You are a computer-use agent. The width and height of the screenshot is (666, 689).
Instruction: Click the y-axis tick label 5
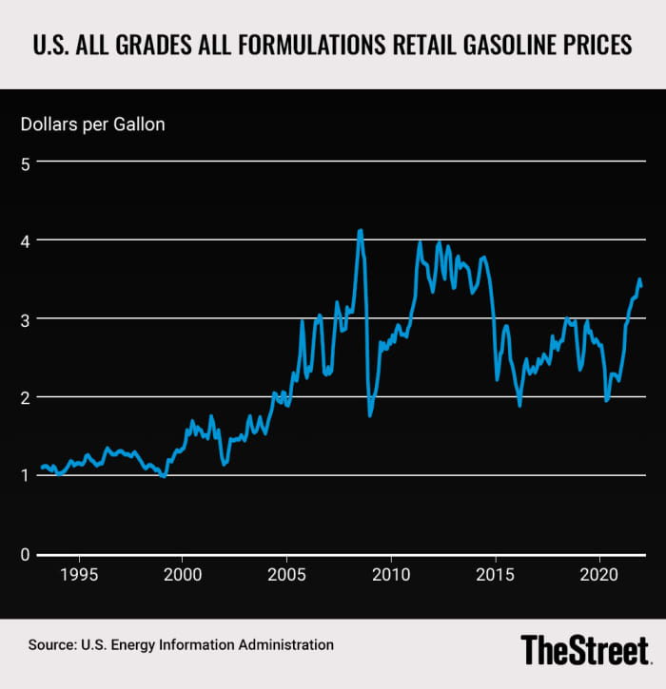pos(27,163)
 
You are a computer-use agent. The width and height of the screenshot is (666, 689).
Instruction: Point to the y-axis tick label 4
pos(27,241)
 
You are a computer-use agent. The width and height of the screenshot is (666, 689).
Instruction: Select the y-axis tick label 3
pos(27,319)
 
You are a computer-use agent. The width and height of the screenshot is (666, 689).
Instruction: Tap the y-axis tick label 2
pos(27,397)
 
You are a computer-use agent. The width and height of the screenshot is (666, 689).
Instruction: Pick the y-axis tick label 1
pos(27,475)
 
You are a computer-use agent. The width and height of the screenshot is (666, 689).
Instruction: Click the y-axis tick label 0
pos(27,554)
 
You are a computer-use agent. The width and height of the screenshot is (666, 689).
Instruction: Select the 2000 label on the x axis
pos(183,575)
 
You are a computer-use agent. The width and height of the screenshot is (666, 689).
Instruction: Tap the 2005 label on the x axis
pos(286,575)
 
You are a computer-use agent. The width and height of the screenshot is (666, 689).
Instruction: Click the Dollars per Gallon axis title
pos(94,124)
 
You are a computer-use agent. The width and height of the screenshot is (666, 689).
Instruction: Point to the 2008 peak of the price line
pos(360,230)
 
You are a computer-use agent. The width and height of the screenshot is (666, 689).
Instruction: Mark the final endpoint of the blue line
pos(641,285)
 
